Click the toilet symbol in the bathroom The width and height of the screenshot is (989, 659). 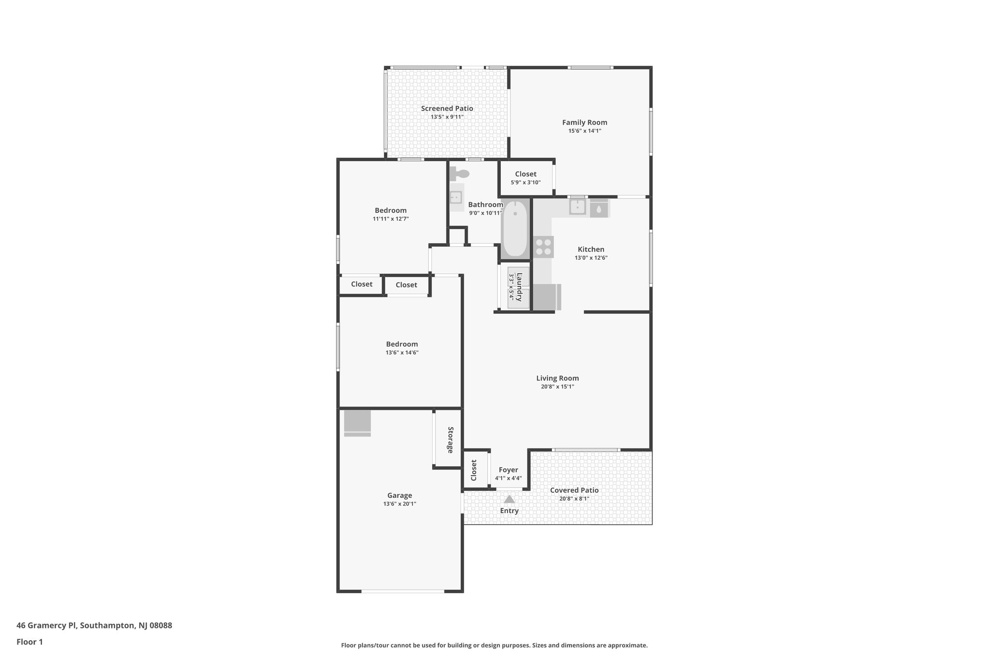tap(460, 174)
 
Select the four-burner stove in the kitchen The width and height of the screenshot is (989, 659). tap(543, 247)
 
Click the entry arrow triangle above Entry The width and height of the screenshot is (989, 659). tap(509, 499)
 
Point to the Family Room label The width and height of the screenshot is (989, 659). tap(584, 123)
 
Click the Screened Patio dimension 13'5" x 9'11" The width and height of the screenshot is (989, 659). tap(447, 117)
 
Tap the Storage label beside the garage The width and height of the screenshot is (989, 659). tap(450, 440)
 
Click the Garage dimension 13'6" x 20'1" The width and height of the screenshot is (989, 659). tap(399, 504)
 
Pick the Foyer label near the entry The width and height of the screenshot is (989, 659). tap(508, 470)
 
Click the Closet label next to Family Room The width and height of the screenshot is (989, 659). tap(525, 174)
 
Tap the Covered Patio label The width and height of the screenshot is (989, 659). tap(574, 490)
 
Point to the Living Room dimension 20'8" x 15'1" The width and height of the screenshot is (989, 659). tap(557, 387)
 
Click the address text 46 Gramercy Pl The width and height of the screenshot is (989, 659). tap(47, 625)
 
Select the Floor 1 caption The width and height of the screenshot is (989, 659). tap(29, 642)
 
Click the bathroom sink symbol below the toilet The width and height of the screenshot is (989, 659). tap(455, 197)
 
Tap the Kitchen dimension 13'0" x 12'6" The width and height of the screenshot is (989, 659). tap(591, 258)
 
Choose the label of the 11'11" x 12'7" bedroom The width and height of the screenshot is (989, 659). tap(390, 210)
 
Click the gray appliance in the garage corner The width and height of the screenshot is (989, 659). tap(357, 423)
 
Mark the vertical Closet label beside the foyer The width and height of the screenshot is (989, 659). tap(474, 470)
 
